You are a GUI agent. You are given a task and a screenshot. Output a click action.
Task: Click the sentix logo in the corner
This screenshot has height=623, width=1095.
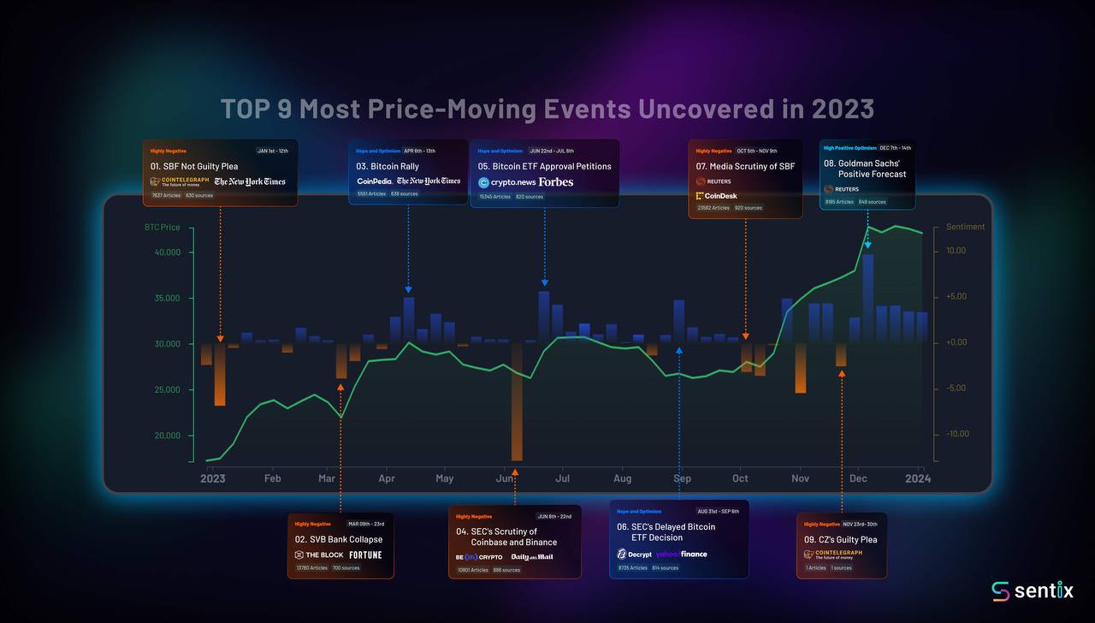[1032, 590]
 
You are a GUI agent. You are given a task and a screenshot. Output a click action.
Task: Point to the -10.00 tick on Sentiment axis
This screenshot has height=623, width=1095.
[956, 434]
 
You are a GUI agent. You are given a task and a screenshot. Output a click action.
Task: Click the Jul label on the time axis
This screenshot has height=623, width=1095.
[563, 478]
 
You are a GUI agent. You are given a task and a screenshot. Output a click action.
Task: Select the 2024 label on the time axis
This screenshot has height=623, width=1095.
[917, 478]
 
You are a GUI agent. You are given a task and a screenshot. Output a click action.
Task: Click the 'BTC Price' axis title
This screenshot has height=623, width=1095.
[163, 228]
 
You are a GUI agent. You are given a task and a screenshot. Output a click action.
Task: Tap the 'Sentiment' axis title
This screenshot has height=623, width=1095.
[965, 228]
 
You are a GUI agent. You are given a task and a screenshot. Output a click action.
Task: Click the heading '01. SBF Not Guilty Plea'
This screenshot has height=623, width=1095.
[194, 166]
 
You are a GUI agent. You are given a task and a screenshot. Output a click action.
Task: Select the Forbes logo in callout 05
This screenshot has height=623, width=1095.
[556, 182]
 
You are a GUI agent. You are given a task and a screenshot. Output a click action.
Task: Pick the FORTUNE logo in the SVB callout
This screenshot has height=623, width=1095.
[365, 555]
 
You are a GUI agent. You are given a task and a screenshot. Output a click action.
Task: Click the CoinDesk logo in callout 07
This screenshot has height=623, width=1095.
[717, 196]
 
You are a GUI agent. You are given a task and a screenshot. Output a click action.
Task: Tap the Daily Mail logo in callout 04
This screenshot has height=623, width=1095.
[532, 557]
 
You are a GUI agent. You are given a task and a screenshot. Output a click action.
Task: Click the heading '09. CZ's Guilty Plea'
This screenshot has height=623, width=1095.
[840, 540]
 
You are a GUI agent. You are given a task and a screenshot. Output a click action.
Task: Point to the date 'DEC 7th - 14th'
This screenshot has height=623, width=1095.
[895, 148]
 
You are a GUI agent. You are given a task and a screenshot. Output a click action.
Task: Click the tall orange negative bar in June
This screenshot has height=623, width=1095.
[517, 401]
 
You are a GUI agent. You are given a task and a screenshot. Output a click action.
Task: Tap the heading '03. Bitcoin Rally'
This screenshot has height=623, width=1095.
[388, 166]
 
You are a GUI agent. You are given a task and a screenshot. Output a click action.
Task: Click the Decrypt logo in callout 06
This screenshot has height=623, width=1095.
[634, 555]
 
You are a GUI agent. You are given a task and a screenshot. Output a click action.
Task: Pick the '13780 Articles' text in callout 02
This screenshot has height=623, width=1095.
[311, 567]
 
